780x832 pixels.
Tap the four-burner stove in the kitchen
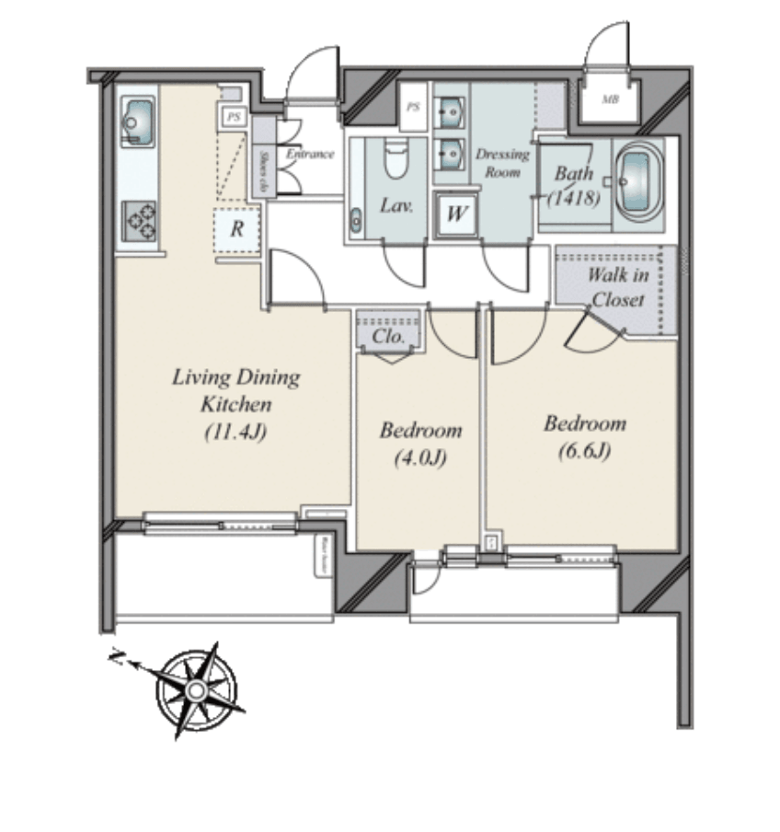click(x=138, y=221)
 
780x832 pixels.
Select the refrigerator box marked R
click(x=236, y=228)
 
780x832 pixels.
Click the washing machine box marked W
click(x=454, y=215)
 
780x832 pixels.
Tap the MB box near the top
click(x=609, y=99)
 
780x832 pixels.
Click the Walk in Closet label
click(x=617, y=287)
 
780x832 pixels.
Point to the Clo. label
click(x=387, y=337)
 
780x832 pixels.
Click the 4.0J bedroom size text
click(x=420, y=458)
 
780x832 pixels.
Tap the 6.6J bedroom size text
click(x=584, y=452)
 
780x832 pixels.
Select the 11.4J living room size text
click(x=235, y=432)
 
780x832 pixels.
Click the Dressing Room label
click(x=502, y=163)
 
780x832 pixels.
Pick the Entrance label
click(x=310, y=154)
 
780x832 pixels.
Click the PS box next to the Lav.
click(x=413, y=108)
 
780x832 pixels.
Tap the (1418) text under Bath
click(x=575, y=197)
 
